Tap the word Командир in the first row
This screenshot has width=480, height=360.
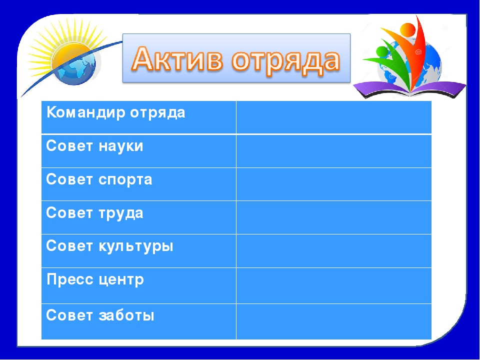coord(86,112)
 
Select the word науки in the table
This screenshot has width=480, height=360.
coord(121,146)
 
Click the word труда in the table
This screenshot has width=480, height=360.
coord(121,213)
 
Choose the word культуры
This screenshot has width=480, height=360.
coord(136,246)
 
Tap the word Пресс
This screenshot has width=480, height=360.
coord(70,279)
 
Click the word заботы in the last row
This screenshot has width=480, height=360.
coord(126,315)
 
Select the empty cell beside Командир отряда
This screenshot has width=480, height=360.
coord(333,117)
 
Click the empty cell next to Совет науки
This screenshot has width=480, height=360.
coord(333,151)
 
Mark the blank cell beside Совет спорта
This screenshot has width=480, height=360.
coord(333,184)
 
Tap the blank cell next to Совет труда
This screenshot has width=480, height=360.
coord(333,217)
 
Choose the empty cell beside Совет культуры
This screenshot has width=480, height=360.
coord(333,251)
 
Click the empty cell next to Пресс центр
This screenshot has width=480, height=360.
coord(333,286)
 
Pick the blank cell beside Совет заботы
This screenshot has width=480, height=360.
coord(333,321)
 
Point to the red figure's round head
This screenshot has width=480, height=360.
coord(408,30)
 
